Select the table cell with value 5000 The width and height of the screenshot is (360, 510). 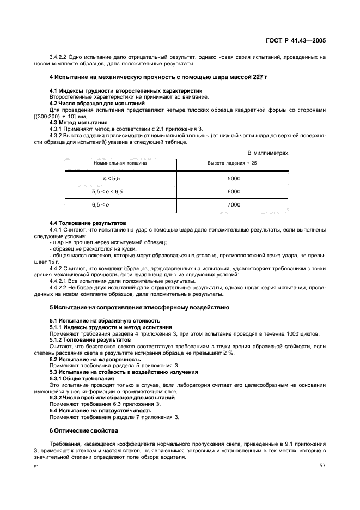(234, 178)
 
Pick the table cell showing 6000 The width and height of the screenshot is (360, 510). (234, 191)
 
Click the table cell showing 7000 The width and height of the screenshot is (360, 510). (234, 204)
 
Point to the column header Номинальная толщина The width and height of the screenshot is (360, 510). (120, 163)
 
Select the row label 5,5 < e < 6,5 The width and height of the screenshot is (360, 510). (107, 191)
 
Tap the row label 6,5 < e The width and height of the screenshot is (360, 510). (101, 204)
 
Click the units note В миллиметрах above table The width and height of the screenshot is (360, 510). (268, 153)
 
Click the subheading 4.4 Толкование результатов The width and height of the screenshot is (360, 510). (88, 223)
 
